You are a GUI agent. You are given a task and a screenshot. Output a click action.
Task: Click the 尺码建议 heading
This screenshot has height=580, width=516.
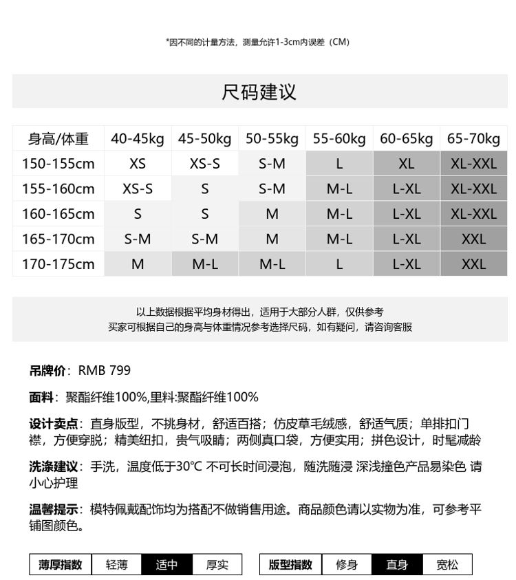click(259, 92)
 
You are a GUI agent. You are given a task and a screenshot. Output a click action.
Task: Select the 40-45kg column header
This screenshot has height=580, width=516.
click(138, 139)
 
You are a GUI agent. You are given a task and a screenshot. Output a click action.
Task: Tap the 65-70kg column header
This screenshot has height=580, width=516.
click(473, 139)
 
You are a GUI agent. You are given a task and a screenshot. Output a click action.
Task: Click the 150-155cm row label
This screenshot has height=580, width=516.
click(58, 164)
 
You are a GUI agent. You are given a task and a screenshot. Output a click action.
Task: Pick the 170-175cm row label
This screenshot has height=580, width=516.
click(58, 264)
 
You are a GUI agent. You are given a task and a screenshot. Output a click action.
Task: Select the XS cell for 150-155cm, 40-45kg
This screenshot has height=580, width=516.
click(138, 164)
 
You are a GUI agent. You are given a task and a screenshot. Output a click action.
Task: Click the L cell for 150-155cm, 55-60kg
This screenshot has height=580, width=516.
click(339, 164)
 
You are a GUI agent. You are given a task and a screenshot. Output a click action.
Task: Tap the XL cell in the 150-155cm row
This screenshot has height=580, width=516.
click(407, 164)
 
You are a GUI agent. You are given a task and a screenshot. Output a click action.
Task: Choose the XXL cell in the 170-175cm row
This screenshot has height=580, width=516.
click(473, 264)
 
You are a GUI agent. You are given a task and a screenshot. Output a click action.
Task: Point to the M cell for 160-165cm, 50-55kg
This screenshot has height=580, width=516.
click(272, 214)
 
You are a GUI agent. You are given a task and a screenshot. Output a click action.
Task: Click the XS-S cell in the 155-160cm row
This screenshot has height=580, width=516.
click(138, 189)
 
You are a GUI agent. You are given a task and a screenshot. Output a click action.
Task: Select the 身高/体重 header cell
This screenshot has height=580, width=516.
click(58, 139)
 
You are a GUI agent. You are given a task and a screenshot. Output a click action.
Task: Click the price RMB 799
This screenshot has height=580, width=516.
click(104, 371)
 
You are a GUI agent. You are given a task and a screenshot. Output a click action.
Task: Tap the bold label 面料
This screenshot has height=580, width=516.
click(41, 397)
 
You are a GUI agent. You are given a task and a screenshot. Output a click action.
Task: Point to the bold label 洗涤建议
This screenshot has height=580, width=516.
click(53, 466)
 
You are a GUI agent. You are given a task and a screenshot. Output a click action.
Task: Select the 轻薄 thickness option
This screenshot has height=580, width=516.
click(117, 565)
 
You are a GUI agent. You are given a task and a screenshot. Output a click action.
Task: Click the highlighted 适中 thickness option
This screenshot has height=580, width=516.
click(166, 565)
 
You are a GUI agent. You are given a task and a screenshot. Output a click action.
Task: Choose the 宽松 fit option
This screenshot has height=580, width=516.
click(447, 565)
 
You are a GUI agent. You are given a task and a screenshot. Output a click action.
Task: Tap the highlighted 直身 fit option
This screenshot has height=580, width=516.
click(397, 565)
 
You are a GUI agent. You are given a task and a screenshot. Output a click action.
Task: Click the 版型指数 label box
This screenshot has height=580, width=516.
click(290, 565)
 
